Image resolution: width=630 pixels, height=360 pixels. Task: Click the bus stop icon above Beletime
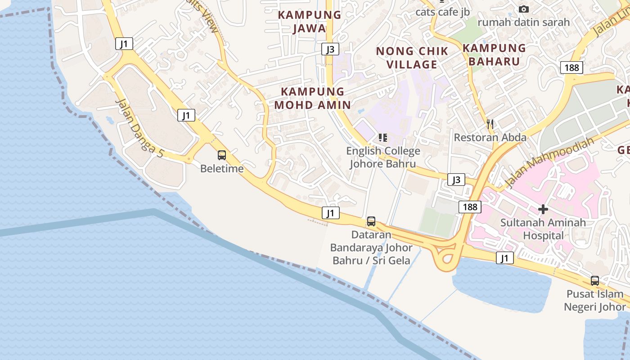coord(222,155)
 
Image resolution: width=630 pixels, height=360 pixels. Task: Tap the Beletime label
coord(222,169)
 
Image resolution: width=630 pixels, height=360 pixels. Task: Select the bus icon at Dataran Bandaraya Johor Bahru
coord(371,221)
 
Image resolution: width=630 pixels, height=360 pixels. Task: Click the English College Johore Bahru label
coord(383,157)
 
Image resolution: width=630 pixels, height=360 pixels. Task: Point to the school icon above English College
coord(382,137)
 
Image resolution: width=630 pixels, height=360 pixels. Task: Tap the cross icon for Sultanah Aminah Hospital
coord(543,209)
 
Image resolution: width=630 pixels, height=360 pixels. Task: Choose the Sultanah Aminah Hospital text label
coord(543,229)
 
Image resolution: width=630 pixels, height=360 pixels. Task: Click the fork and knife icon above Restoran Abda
coord(490,124)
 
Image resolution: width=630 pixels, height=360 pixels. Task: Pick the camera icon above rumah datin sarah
coord(523,9)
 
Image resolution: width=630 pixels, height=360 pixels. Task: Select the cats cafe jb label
coord(442,12)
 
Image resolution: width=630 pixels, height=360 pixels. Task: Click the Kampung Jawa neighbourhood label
coord(309,21)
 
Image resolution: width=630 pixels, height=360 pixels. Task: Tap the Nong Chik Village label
coord(412,58)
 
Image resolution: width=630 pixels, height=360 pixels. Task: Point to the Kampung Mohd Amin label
coord(312,98)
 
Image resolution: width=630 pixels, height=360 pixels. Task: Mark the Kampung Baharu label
coord(494,54)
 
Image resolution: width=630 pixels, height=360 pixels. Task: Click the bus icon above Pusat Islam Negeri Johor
coord(595,281)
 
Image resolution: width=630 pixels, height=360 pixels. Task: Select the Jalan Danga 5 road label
coord(139,128)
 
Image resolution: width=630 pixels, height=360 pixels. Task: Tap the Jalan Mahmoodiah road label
coord(549,162)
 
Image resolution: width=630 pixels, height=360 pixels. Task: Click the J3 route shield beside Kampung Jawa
coord(330,49)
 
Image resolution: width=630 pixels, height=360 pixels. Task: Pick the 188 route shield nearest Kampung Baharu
coord(571,67)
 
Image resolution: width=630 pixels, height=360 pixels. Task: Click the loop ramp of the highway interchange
coord(446,258)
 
